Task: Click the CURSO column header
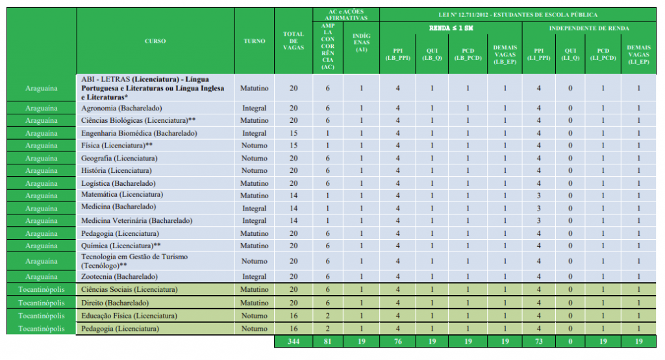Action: click(155, 41)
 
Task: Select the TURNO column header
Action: click(255, 41)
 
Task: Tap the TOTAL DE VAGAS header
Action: click(293, 41)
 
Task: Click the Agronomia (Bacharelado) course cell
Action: click(121, 108)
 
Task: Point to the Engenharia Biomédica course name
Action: click(131, 133)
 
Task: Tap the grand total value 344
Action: click(293, 342)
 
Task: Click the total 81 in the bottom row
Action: click(327, 342)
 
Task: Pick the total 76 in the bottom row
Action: click(397, 342)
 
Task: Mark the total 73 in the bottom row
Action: click(538, 342)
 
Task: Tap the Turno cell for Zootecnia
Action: click(255, 277)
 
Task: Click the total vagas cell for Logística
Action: click(293, 183)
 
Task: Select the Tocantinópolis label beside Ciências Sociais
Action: click(42, 290)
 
